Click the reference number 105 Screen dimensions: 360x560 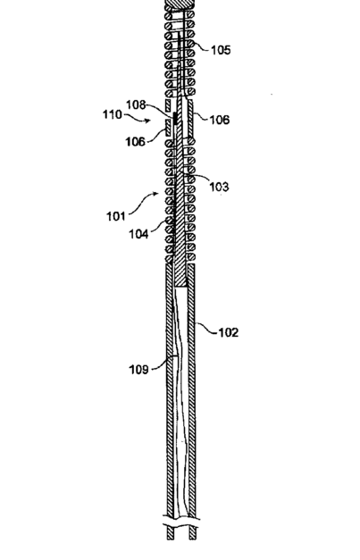(221, 50)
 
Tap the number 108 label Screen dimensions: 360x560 (136, 105)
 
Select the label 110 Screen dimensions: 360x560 (113, 114)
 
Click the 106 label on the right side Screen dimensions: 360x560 (219, 120)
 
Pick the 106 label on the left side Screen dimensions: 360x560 (136, 142)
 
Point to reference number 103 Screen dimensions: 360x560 (219, 187)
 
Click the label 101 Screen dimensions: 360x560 (116, 216)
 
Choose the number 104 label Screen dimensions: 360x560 (138, 234)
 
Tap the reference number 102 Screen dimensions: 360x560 (228, 332)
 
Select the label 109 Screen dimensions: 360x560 (138, 369)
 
